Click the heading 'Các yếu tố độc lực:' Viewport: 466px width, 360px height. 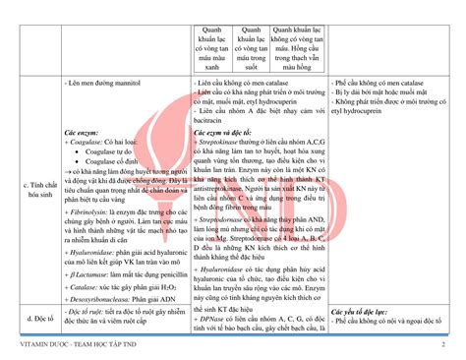[360, 308]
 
